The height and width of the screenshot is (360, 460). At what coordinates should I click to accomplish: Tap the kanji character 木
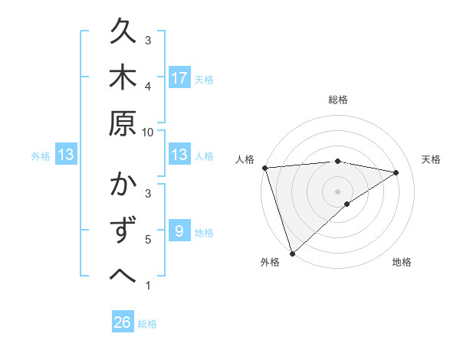point(123,78)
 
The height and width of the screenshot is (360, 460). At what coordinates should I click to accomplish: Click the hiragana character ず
point(123,231)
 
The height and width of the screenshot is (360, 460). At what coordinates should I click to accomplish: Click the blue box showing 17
point(179,77)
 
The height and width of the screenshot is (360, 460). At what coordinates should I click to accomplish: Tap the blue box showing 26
point(123,322)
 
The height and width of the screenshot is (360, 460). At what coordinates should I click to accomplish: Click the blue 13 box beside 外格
point(66,155)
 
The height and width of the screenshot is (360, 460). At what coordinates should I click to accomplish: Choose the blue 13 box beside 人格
point(179,155)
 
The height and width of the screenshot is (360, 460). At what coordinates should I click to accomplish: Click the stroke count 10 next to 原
point(148,132)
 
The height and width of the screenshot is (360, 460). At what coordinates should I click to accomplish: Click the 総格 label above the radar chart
point(337,100)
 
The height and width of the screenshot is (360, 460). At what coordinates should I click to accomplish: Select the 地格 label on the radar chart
point(402,262)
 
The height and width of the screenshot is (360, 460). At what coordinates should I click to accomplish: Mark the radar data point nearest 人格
point(264,168)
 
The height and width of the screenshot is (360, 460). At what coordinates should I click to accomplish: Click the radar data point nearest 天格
point(396,172)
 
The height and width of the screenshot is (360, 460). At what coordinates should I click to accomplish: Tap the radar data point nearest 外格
point(292,253)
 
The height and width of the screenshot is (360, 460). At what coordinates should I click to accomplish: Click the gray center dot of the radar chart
point(337,191)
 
